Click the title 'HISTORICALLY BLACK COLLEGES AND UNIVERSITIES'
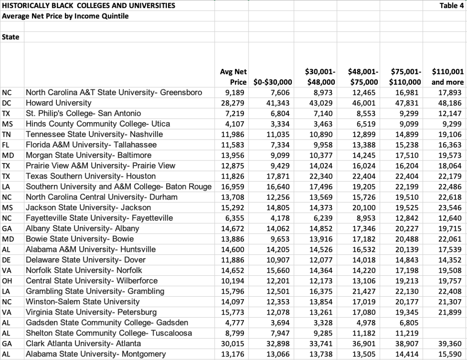click(x=89, y=6)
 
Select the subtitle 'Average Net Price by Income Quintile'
click(x=65, y=16)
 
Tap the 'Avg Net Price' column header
click(x=233, y=77)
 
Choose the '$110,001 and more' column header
click(x=448, y=77)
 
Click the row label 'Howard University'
click(x=59, y=103)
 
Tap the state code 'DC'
click(x=7, y=103)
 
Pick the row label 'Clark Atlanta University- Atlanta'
click(x=83, y=344)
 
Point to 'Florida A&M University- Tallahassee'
click(x=91, y=145)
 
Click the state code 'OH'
click(x=7, y=281)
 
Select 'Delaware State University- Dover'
click(x=86, y=260)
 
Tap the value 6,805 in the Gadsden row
click(x=411, y=323)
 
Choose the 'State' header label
click(x=10, y=37)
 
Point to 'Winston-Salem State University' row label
click(x=83, y=302)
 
